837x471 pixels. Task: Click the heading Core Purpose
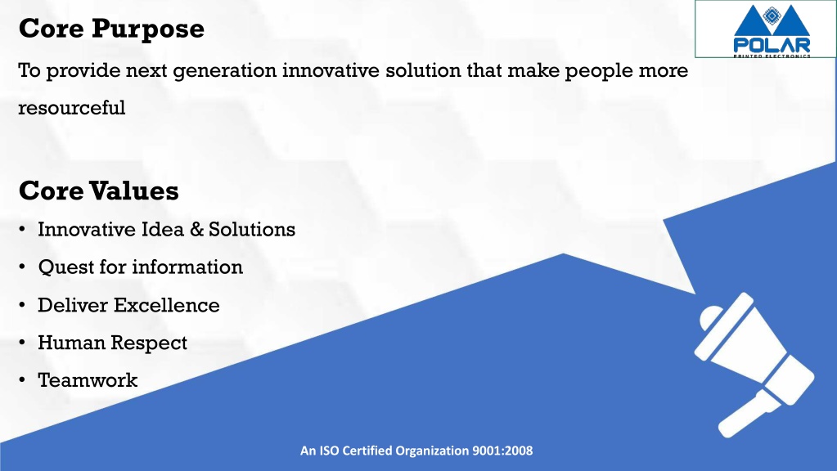click(111, 29)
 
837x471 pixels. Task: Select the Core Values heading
click(99, 191)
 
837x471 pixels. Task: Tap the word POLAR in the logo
click(772, 45)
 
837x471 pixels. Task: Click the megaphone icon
click(754, 365)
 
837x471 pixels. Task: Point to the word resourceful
click(72, 108)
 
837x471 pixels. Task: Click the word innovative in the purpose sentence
click(331, 70)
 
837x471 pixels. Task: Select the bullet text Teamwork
click(88, 380)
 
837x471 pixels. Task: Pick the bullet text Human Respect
click(113, 343)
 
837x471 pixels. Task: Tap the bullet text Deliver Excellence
click(128, 305)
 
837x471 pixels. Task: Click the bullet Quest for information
click(141, 267)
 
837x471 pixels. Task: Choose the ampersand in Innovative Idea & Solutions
click(197, 230)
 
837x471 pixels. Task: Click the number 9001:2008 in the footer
click(502, 451)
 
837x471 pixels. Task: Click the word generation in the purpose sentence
click(225, 71)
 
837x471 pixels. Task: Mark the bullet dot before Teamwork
click(22, 380)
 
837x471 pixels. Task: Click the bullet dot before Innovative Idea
click(22, 229)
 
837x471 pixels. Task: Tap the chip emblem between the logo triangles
click(772, 16)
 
